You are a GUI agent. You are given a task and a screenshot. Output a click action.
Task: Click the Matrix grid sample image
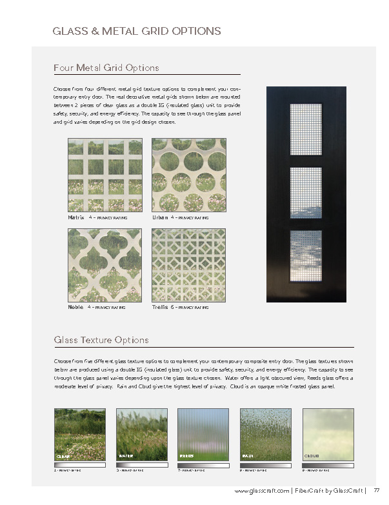click(x=105, y=175)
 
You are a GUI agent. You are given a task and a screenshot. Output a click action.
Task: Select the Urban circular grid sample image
click(x=188, y=175)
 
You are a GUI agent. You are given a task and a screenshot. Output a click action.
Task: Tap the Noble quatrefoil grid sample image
click(x=105, y=265)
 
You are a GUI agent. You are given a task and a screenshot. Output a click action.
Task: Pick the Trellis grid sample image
click(x=188, y=265)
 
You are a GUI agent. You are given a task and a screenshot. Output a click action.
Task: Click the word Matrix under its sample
click(x=76, y=217)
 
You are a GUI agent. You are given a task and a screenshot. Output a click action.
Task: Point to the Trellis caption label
click(x=160, y=307)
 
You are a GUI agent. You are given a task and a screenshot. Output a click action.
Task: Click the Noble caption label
click(x=75, y=307)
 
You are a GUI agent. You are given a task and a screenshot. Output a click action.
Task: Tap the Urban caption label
click(x=160, y=217)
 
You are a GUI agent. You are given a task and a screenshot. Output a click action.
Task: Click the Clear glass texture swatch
click(x=79, y=434)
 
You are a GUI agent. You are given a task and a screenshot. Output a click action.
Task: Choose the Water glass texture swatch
click(x=141, y=434)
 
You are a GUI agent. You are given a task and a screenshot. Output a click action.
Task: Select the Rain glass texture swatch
click(x=265, y=434)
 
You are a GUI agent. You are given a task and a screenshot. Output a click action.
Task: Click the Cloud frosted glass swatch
click(x=328, y=434)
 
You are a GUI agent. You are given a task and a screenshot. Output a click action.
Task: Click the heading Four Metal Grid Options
click(x=106, y=68)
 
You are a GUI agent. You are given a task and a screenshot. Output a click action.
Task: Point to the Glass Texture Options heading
click(x=101, y=340)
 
